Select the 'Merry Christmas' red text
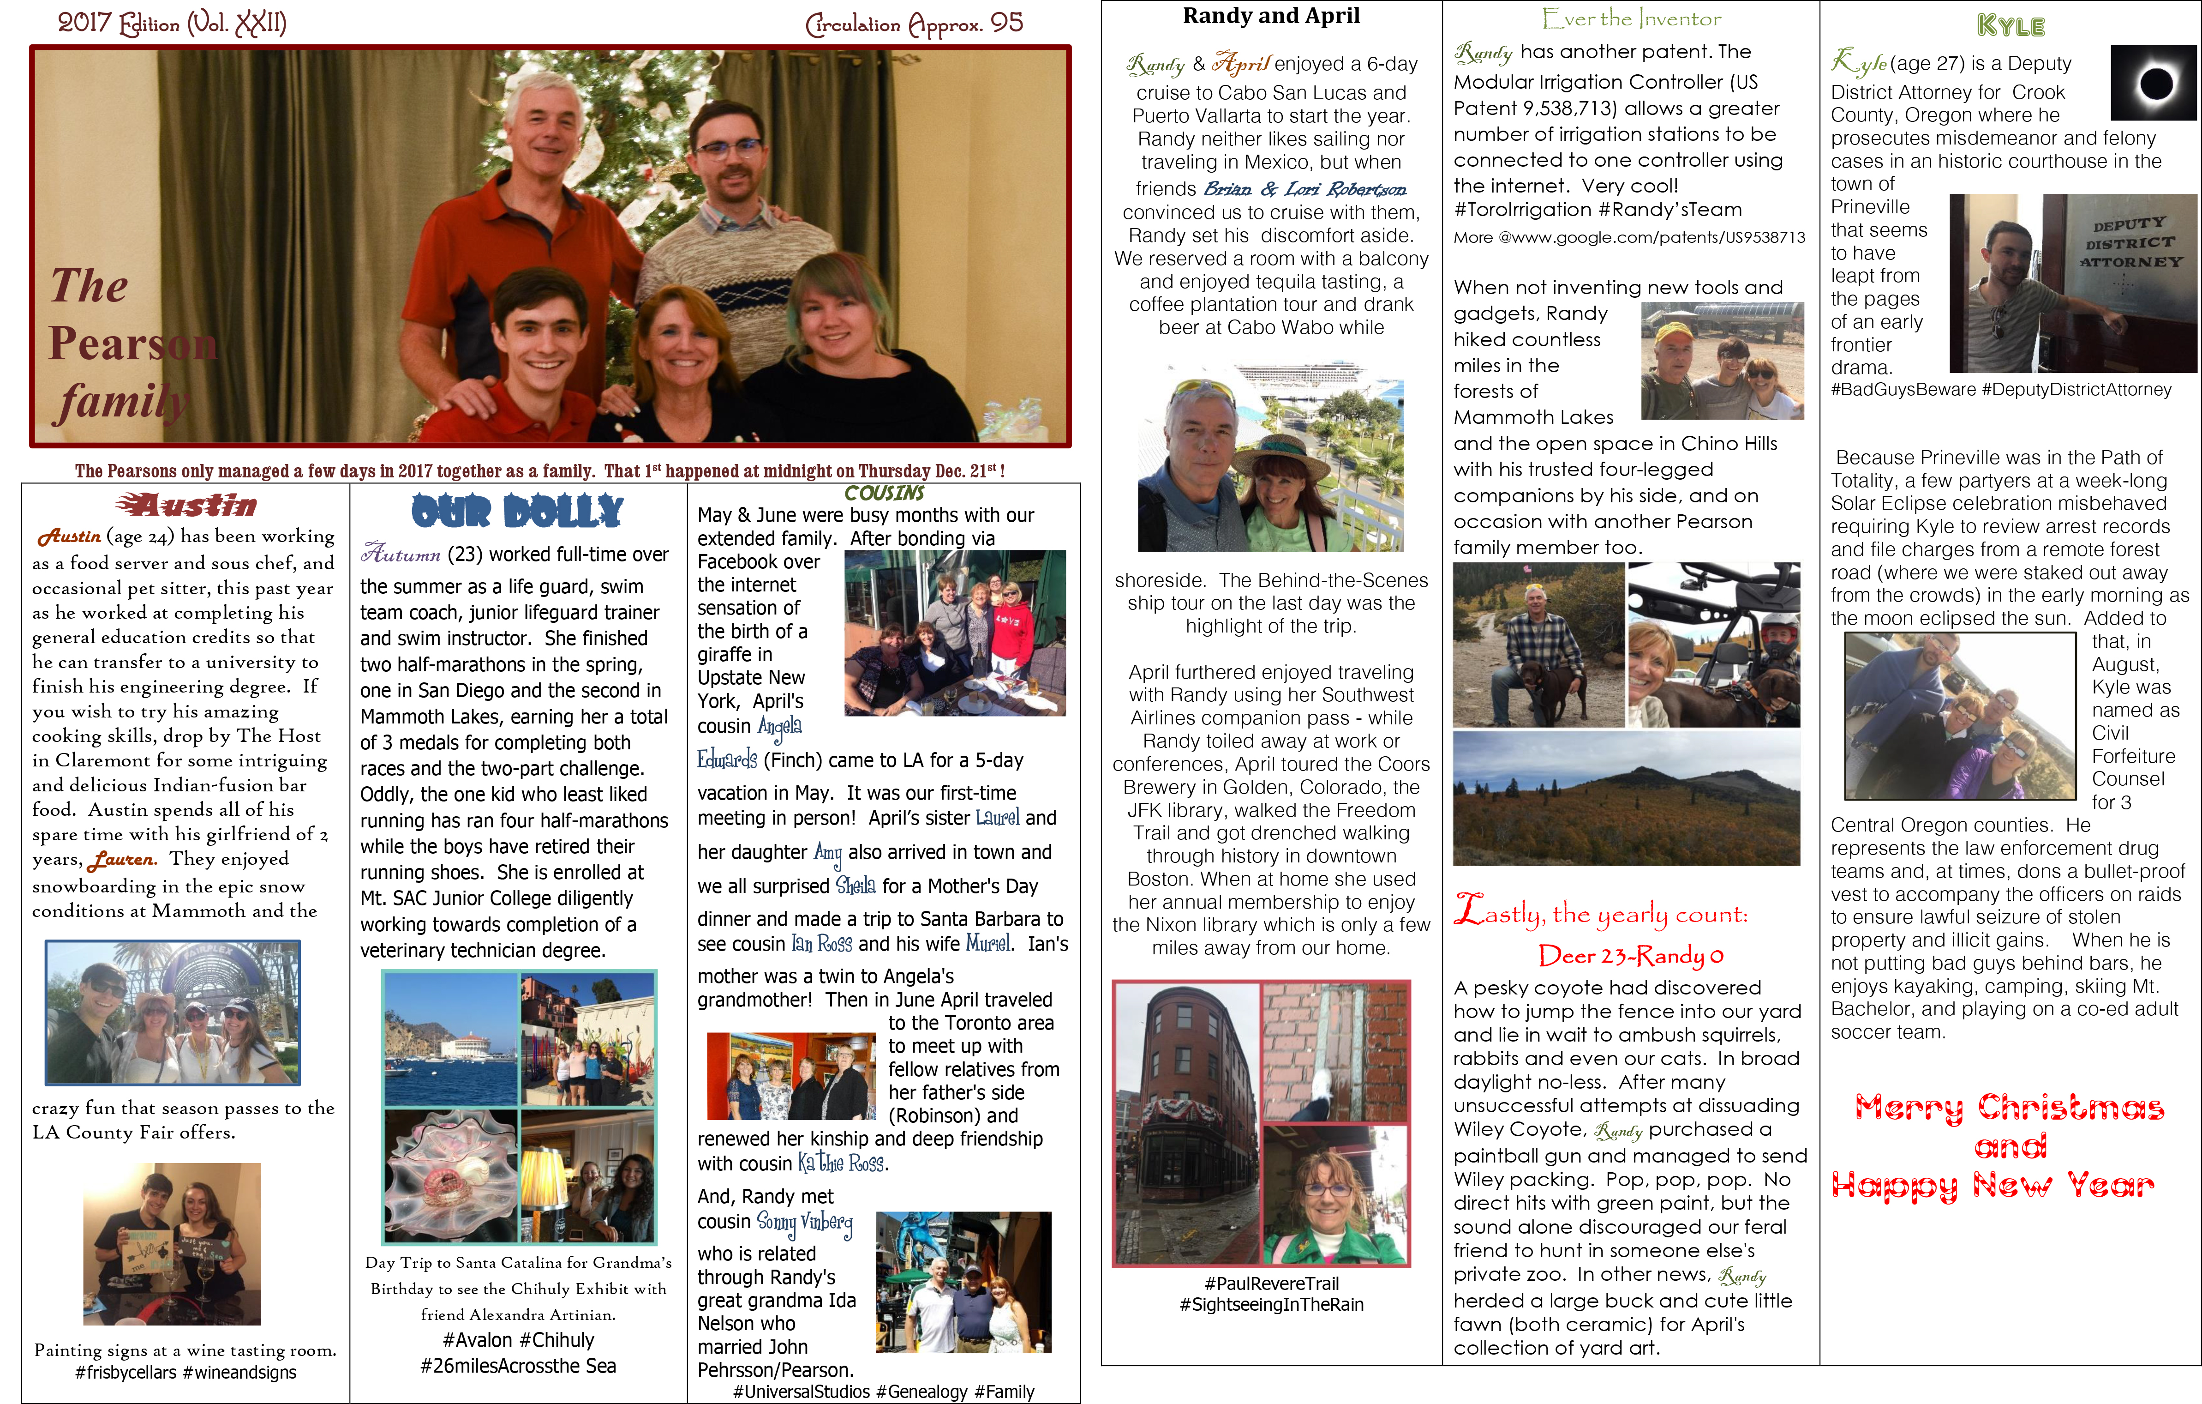(2009, 1108)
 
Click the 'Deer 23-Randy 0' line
(1630, 956)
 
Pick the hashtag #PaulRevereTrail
(1271, 1283)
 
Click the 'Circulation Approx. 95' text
(914, 24)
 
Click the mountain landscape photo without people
(1626, 798)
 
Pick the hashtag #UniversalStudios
(801, 1391)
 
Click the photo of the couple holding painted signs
(172, 1244)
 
